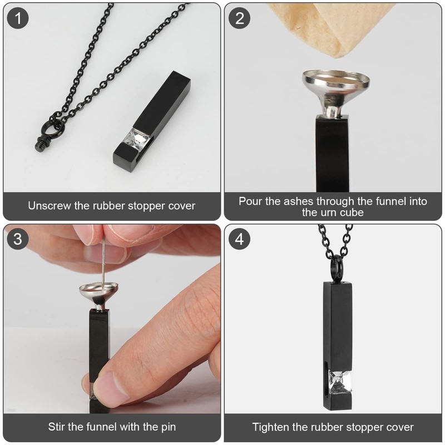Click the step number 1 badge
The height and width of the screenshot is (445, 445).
(x=18, y=18)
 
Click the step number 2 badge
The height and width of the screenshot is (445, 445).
(x=240, y=18)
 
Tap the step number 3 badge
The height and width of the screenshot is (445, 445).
(x=18, y=239)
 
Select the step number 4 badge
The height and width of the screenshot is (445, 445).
(x=240, y=239)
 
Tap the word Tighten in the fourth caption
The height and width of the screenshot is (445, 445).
(x=272, y=427)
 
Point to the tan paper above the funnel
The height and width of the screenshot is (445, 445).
(x=334, y=28)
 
